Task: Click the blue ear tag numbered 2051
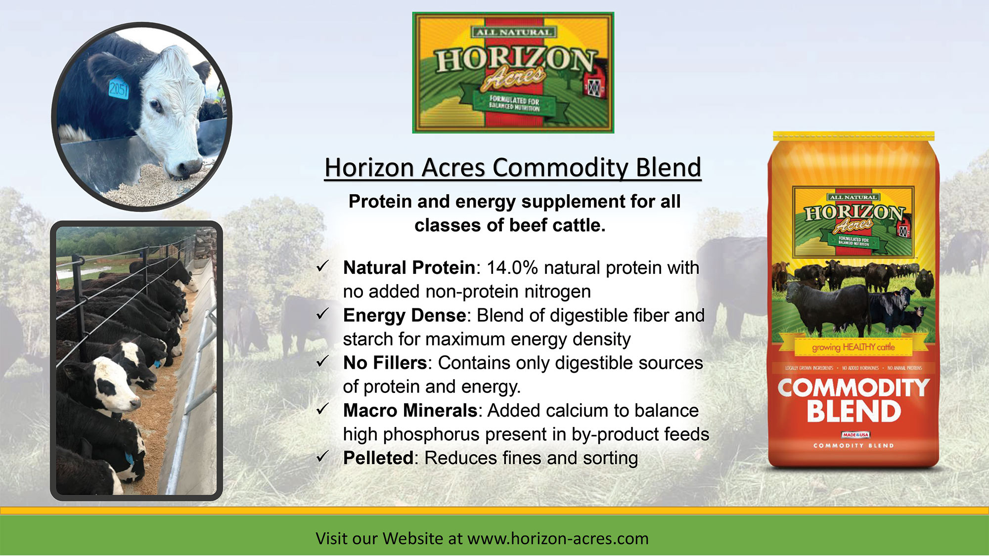[x=118, y=88]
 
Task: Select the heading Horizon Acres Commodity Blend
[x=513, y=168]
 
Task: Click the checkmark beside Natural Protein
[x=322, y=267]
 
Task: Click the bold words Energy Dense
[x=405, y=315]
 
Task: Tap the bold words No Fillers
[x=385, y=363]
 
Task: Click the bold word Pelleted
[x=378, y=458]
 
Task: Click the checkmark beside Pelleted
[x=322, y=457]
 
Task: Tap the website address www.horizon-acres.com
[x=558, y=538]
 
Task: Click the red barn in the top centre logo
[x=593, y=87]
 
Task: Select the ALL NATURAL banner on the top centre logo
[x=513, y=32]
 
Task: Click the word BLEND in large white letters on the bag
[x=854, y=412]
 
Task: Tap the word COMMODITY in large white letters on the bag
[x=854, y=388]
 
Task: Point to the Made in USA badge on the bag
[x=855, y=435]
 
